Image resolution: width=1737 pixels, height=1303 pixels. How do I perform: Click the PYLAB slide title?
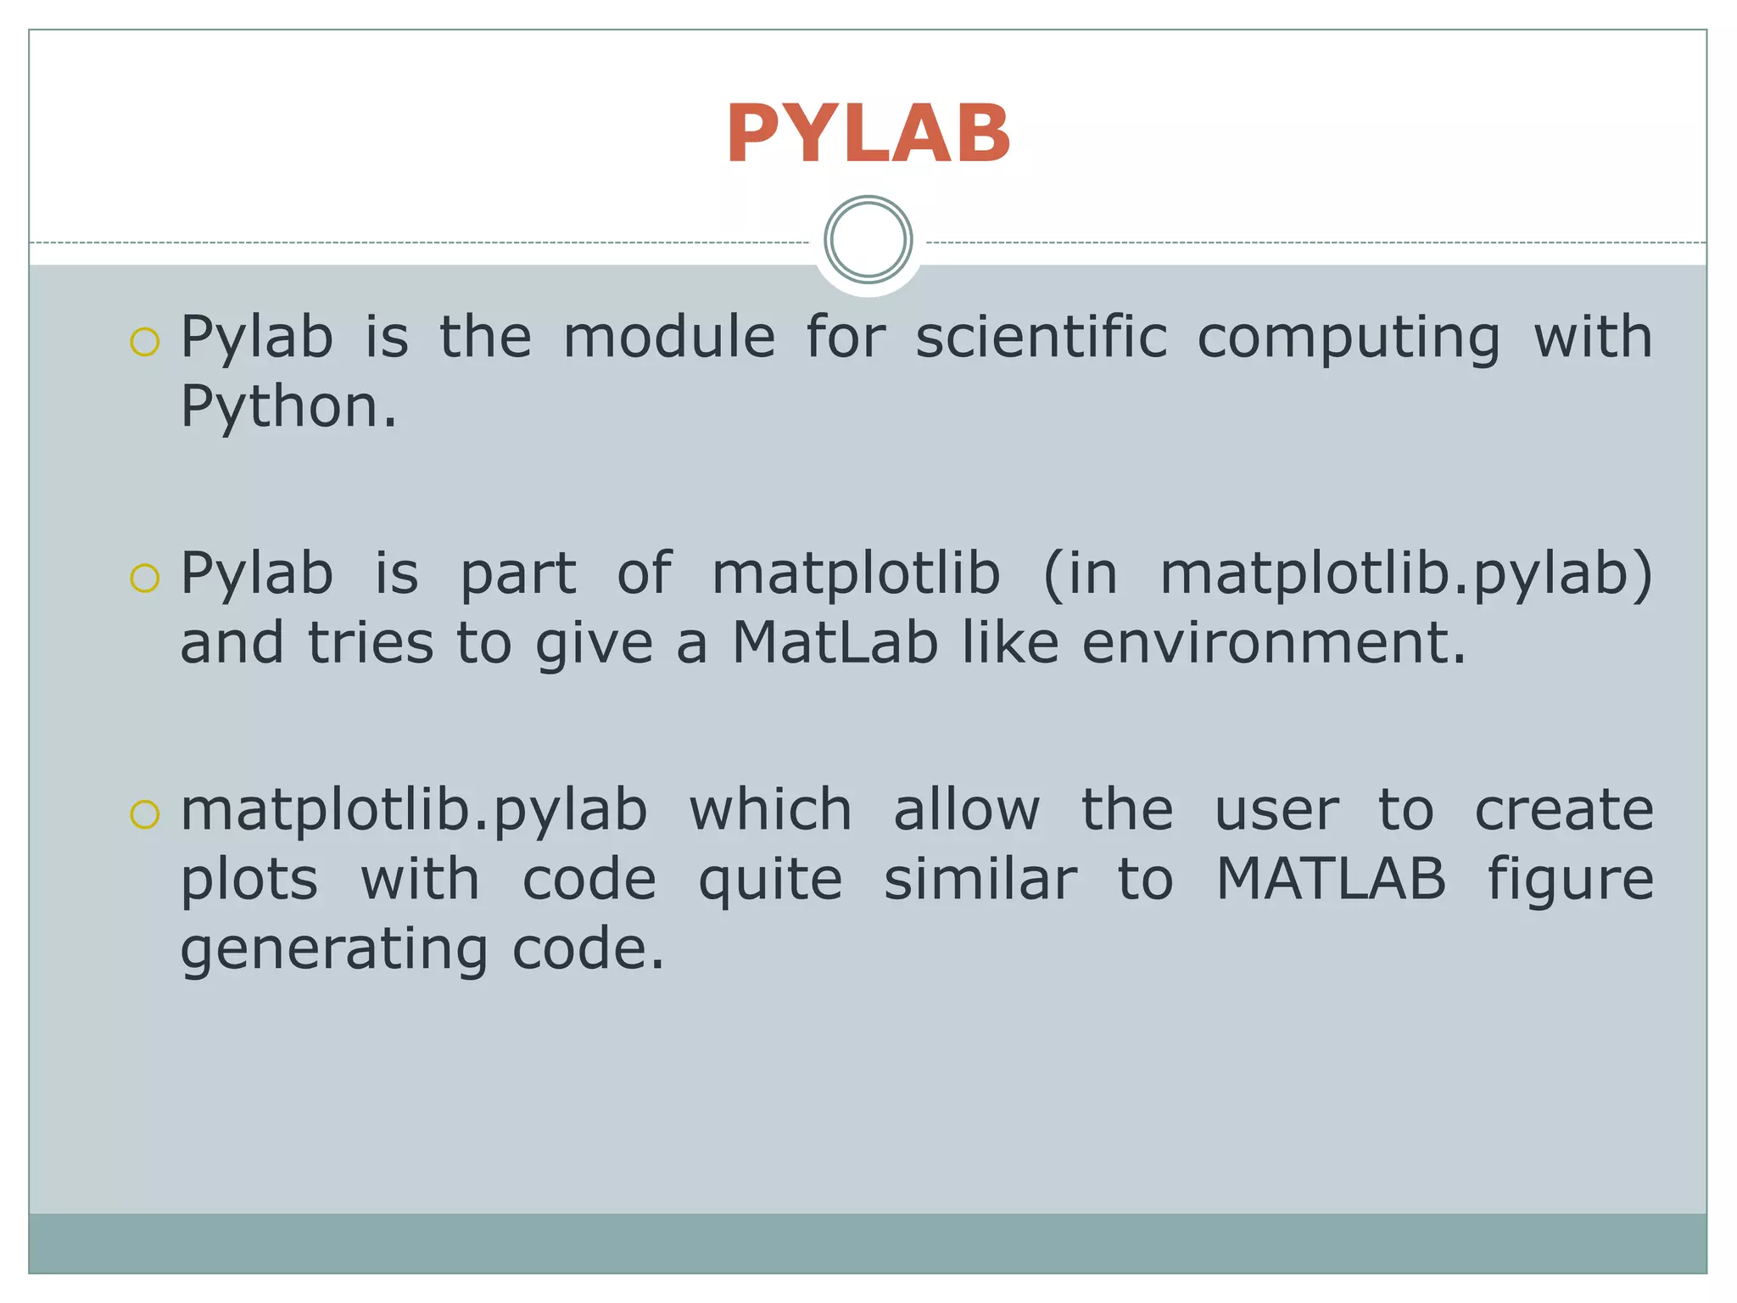868,134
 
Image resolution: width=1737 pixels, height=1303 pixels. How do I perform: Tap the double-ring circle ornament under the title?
868,239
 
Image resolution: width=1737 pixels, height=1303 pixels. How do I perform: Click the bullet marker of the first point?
145,341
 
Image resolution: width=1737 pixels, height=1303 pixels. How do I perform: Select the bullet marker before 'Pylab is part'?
145,578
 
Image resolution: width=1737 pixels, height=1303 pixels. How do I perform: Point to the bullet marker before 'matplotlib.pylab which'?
145,814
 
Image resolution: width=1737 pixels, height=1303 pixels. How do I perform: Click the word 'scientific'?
1042,337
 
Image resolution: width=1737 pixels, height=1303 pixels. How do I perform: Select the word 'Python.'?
288,407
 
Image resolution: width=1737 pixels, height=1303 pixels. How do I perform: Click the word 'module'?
668,337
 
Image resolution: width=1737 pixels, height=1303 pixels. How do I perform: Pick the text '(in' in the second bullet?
1080,574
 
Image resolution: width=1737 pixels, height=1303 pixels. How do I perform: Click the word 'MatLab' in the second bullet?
835,642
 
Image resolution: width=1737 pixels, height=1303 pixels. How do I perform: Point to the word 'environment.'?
1273,642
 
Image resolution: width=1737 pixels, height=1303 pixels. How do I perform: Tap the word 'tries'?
370,642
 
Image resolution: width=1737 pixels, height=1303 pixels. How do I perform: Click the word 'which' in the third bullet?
770,810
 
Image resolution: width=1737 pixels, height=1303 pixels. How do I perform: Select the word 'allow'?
966,810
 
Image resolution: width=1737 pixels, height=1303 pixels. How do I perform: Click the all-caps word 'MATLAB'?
1331,879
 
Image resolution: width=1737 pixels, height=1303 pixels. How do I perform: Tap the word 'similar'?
980,879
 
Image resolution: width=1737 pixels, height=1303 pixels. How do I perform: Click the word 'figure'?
1570,881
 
